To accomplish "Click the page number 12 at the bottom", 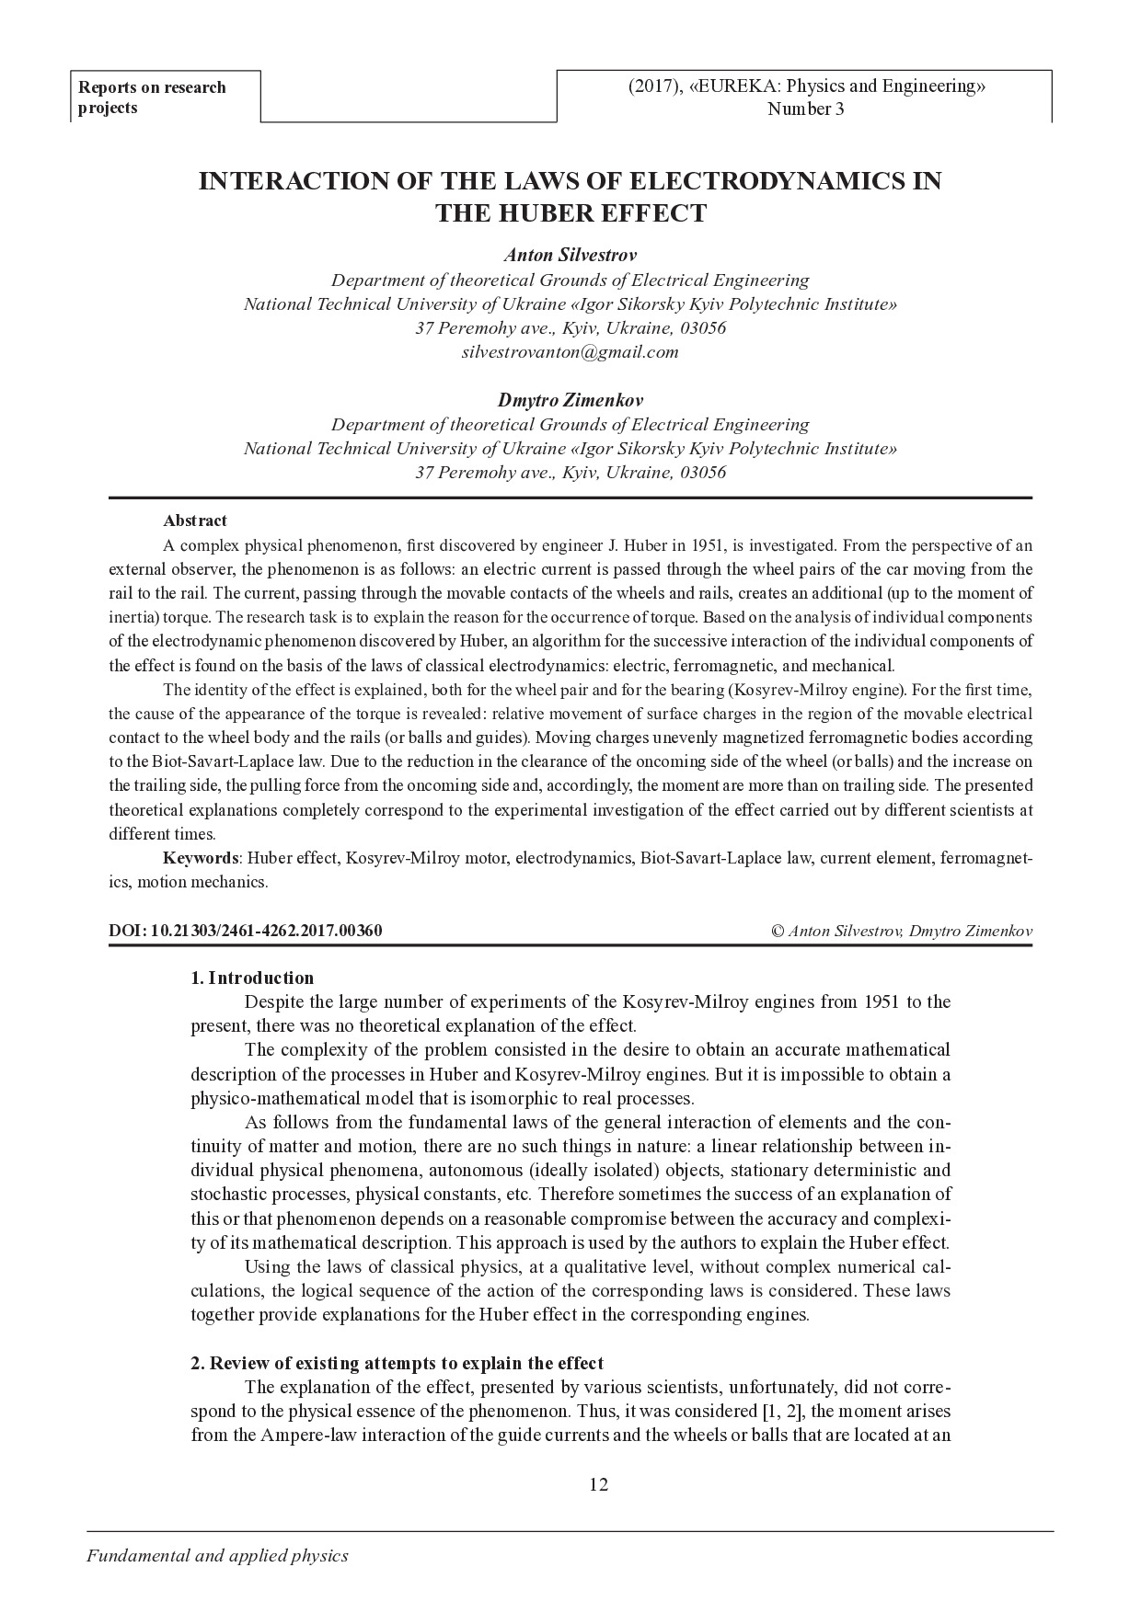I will [598, 1484].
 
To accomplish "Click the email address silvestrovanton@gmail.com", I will [570, 352].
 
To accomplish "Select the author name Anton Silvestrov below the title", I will [570, 255].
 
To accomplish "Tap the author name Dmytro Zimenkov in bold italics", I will [570, 400].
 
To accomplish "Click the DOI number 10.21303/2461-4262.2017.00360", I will [265, 931].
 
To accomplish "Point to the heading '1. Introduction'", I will [252, 978].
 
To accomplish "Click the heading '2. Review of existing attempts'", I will [397, 1363].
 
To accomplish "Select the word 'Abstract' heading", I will [195, 521].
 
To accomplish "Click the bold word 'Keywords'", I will [201, 858].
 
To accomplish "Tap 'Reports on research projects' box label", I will [152, 97].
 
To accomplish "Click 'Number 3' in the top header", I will [806, 109].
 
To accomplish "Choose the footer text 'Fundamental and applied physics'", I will [217, 1556].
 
